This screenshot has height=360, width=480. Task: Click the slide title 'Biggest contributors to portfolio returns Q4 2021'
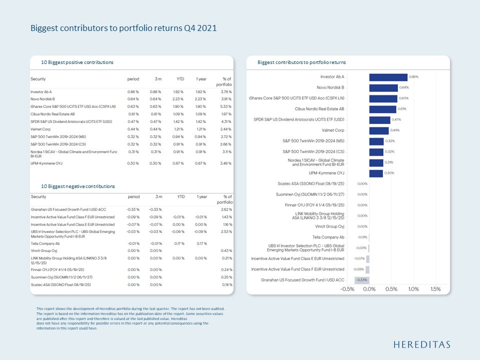click(123, 28)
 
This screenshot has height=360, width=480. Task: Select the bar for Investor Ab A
click(388, 77)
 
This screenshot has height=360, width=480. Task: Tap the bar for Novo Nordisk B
click(383, 87)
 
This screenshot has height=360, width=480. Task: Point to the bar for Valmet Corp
click(378, 130)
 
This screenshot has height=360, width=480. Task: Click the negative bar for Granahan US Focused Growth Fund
click(361, 280)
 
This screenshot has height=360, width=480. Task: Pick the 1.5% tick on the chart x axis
click(435, 289)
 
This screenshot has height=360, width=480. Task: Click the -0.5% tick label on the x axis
click(347, 289)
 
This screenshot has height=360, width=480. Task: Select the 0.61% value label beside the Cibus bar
click(402, 109)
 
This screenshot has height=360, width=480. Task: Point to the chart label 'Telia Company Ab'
click(328, 237)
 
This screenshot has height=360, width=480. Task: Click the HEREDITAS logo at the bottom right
click(421, 344)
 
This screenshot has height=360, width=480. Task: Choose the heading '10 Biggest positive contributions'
click(77, 62)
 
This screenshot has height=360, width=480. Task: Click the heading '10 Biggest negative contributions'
click(78, 186)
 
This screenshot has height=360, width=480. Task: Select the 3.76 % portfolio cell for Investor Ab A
click(226, 92)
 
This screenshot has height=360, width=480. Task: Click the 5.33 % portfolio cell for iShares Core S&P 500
click(226, 106)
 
